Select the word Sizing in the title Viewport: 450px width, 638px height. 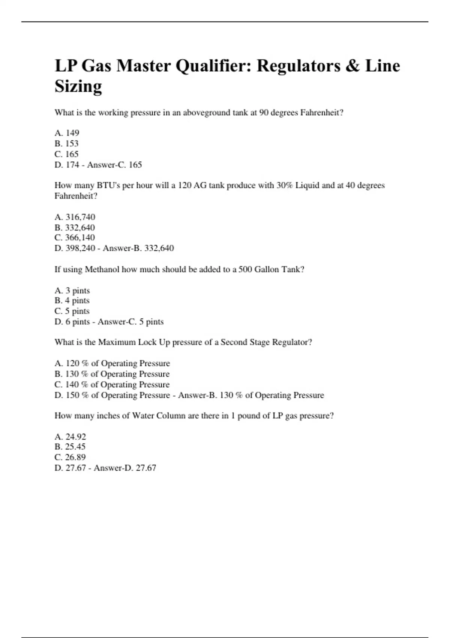(78, 87)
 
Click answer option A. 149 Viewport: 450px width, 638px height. (67, 133)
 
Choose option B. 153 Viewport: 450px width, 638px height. (66, 143)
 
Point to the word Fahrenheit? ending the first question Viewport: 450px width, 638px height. (322, 113)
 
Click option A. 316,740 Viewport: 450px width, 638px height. (75, 217)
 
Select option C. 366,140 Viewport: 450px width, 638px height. (75, 238)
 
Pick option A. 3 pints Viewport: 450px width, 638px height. (72, 290)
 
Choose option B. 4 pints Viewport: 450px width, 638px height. (72, 301)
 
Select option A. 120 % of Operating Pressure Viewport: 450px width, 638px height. (112, 363)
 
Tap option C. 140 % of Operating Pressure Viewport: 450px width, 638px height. (112, 385)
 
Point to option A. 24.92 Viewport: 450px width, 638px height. (70, 437)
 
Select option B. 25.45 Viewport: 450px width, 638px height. (70, 447)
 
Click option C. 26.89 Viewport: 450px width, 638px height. (70, 457)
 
